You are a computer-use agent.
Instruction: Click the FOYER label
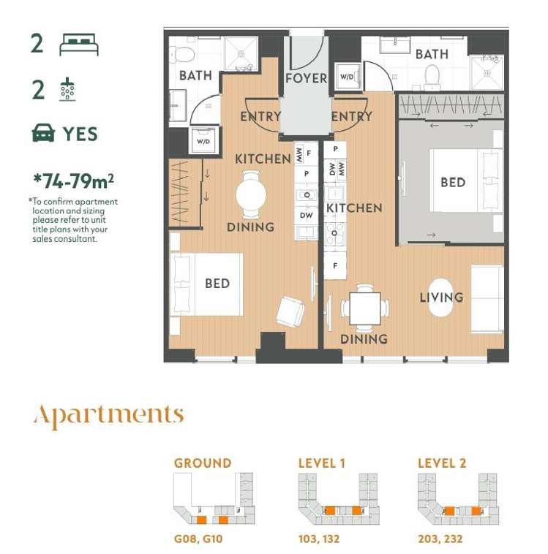306,78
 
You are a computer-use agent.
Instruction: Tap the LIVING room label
441,297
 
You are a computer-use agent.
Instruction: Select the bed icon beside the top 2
78,45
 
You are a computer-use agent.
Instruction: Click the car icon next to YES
44,134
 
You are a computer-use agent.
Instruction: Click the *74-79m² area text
73,180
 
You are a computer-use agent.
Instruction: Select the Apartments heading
108,415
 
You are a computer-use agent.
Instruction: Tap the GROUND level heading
202,463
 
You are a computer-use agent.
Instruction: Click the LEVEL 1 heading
322,463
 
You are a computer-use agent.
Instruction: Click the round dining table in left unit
250,194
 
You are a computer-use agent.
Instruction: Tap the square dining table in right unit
364,308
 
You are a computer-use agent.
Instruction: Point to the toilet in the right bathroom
432,75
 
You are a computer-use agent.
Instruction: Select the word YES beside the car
80,134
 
